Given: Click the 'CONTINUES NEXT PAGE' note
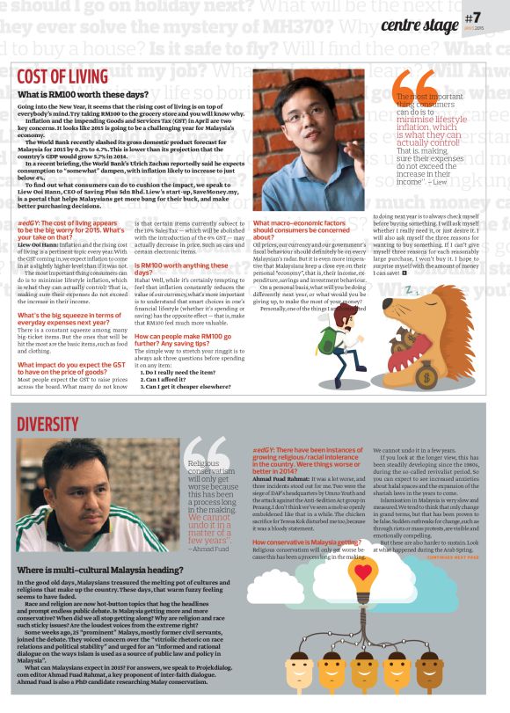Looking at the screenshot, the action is point(452,557).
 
